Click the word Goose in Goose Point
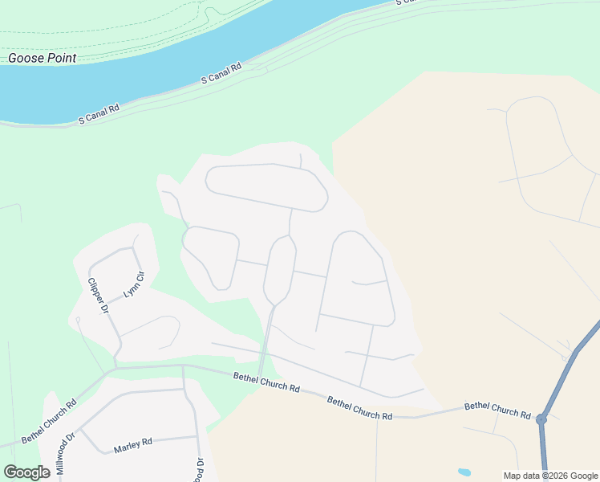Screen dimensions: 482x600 point(26,58)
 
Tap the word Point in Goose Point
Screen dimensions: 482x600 point(61,58)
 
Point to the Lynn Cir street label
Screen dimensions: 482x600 point(133,286)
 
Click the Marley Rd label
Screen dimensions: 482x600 point(133,443)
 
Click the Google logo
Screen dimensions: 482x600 point(26,472)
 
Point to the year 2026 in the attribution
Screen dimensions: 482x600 point(559,476)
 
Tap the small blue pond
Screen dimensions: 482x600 point(464,472)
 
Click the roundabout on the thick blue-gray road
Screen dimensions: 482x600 point(541,419)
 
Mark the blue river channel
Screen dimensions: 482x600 point(160,64)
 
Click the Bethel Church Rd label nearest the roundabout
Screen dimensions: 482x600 point(497,410)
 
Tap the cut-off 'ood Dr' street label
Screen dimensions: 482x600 point(201,468)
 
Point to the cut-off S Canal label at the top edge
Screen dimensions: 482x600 point(407,2)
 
